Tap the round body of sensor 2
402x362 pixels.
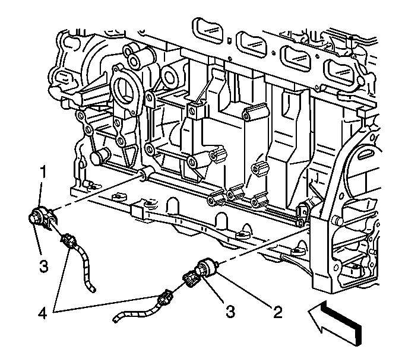pos(208,267)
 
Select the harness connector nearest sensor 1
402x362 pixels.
pos(68,241)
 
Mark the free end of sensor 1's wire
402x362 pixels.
pos(92,290)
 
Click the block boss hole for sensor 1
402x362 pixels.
pos(141,175)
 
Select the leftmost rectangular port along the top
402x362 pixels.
pos(207,30)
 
